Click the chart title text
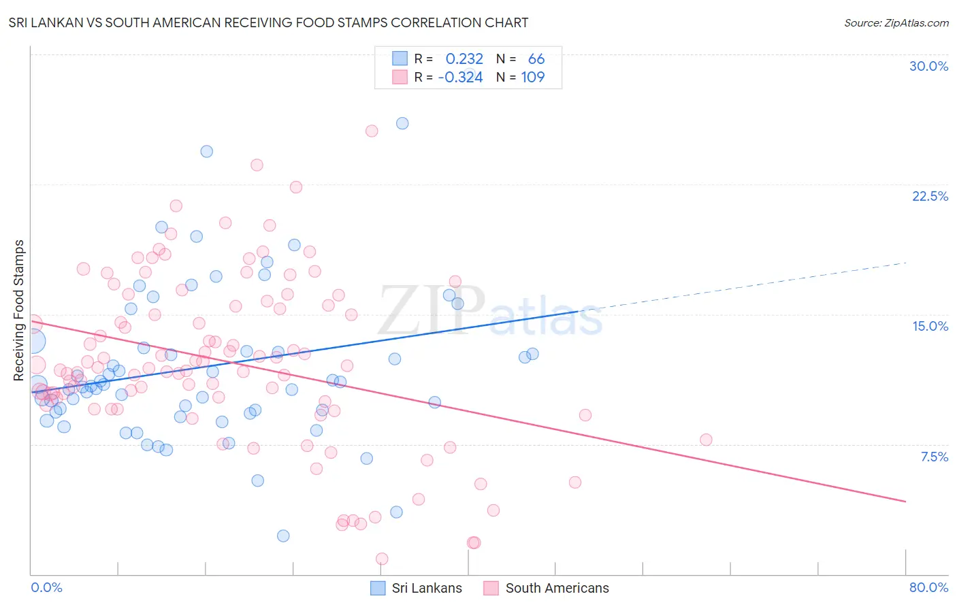coord(268,22)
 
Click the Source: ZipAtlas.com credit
coord(896,22)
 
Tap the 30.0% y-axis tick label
coord(928,66)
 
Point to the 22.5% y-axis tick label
coord(930,196)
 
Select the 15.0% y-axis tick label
coord(930,326)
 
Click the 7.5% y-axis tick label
coord(934,457)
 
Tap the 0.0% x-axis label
coord(46,587)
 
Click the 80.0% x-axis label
coord(928,587)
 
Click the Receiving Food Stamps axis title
coord(18,310)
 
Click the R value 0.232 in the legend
coord(464,59)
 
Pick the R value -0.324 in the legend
coord(461,77)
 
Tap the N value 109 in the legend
coord(533,77)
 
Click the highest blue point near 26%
coord(402,123)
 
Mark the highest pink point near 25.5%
coord(372,131)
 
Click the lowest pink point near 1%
coord(382,559)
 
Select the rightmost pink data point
coord(706,440)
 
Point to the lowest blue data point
coord(283,536)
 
